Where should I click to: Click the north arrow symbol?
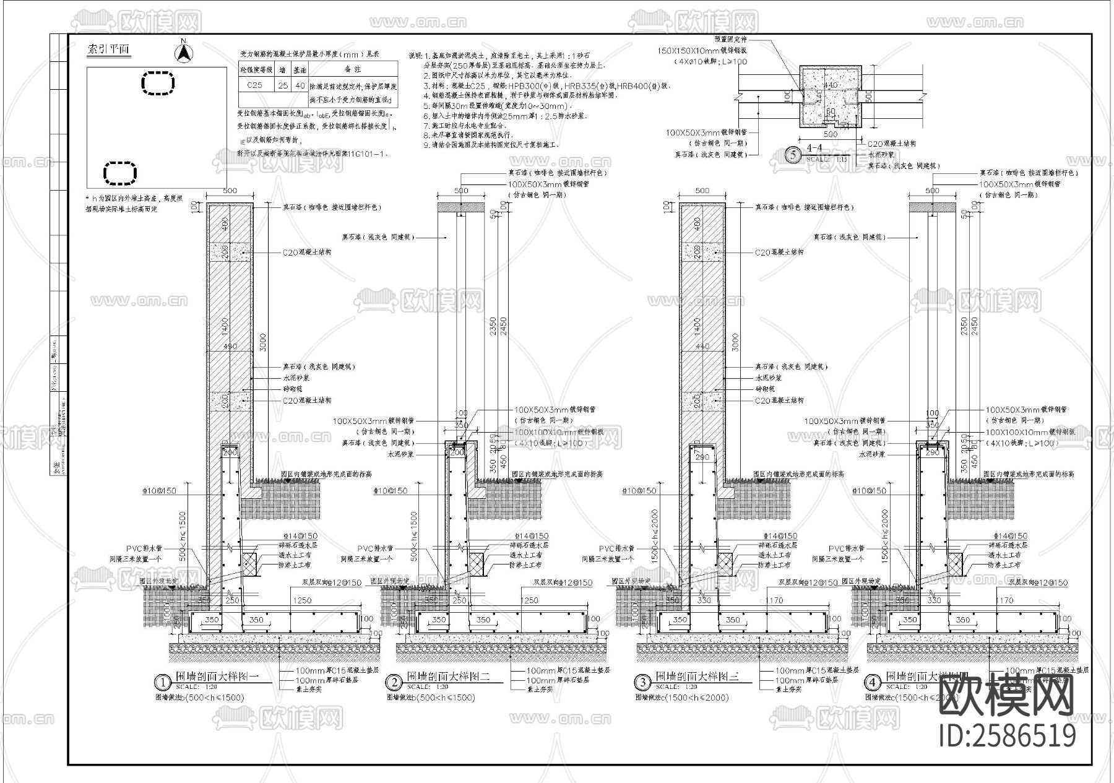tap(183, 52)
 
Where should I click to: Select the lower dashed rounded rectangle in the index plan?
tap(119, 173)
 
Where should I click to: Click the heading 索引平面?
tap(108, 50)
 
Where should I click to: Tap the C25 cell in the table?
tap(254, 85)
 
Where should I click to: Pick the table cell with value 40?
tap(300, 85)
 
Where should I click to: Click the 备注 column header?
tap(352, 69)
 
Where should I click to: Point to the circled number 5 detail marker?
tap(793, 155)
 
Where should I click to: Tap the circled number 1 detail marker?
tap(162, 682)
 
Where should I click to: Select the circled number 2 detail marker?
tap(394, 682)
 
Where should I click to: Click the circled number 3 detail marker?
tap(642, 682)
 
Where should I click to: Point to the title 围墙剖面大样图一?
tap(217, 677)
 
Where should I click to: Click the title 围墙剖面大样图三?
tap(697, 677)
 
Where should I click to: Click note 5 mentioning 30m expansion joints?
tap(495, 106)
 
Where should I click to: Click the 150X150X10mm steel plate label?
tap(703, 50)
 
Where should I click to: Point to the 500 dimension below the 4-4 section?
tap(829, 134)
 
